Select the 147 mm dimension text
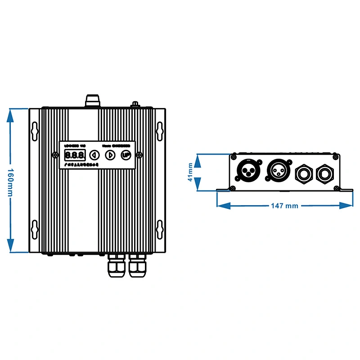tap(284, 206)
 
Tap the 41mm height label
tap(191, 172)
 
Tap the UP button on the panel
tap(126, 155)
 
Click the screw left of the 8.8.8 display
tap(55, 155)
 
